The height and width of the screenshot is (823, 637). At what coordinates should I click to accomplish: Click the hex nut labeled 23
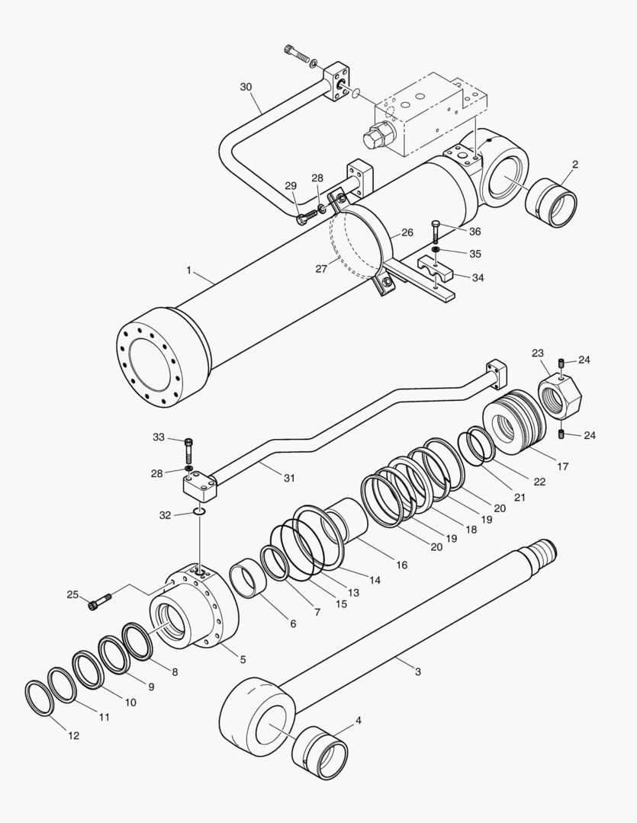[559, 397]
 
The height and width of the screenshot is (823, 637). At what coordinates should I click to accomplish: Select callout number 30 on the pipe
[246, 87]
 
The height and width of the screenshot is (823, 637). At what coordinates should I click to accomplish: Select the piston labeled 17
[514, 421]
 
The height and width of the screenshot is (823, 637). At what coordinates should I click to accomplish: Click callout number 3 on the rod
[417, 671]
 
